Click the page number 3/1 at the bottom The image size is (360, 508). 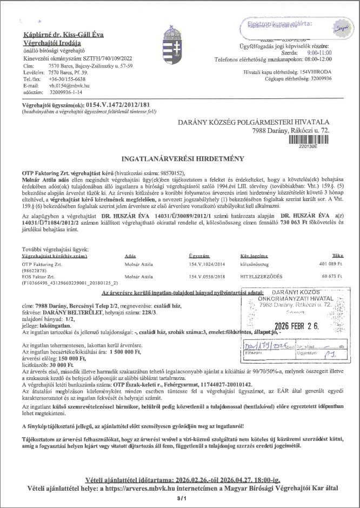[x=181, y=498]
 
